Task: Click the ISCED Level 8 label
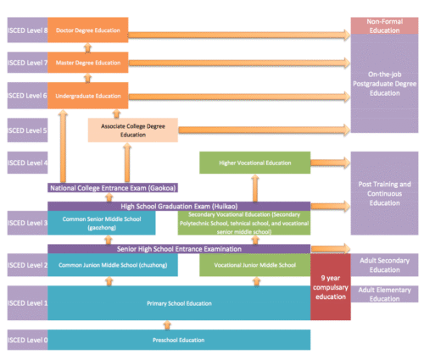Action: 26,29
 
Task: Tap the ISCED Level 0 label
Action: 26,340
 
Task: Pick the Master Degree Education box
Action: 87,63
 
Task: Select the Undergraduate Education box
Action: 87,96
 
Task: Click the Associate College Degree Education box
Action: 132,130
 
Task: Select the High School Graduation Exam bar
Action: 178,206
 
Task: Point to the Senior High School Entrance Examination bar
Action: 178,249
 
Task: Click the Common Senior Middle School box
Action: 101,222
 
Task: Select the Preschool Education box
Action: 178,340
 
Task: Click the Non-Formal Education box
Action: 384,25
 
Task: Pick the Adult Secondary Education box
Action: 384,265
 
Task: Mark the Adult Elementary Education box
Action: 384,293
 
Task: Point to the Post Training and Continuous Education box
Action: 384,193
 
